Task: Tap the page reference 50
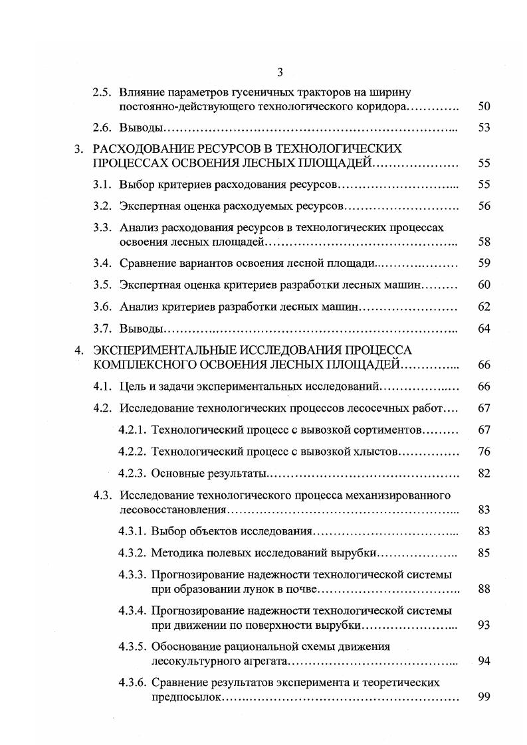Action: pos(484,106)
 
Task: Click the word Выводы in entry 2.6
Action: pos(141,127)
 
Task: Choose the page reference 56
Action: pos(484,207)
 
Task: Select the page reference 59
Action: pos(484,264)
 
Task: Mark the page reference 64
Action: pos(484,329)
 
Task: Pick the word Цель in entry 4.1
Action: pos(132,386)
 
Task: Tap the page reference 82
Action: pos(484,473)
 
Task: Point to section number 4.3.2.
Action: pos(132,552)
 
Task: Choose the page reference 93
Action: pos(484,625)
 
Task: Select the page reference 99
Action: pos(484,697)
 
